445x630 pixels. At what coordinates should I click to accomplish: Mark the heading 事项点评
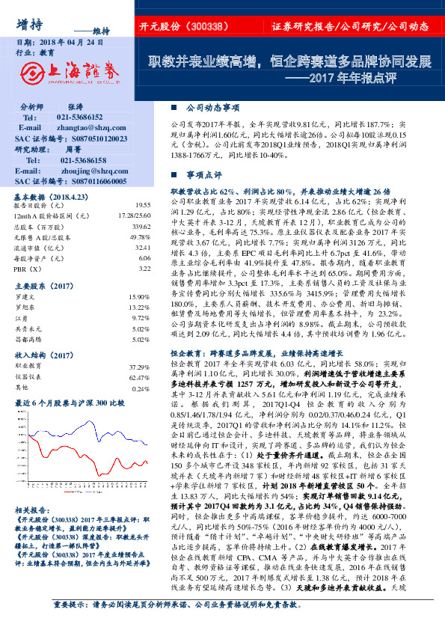203,174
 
